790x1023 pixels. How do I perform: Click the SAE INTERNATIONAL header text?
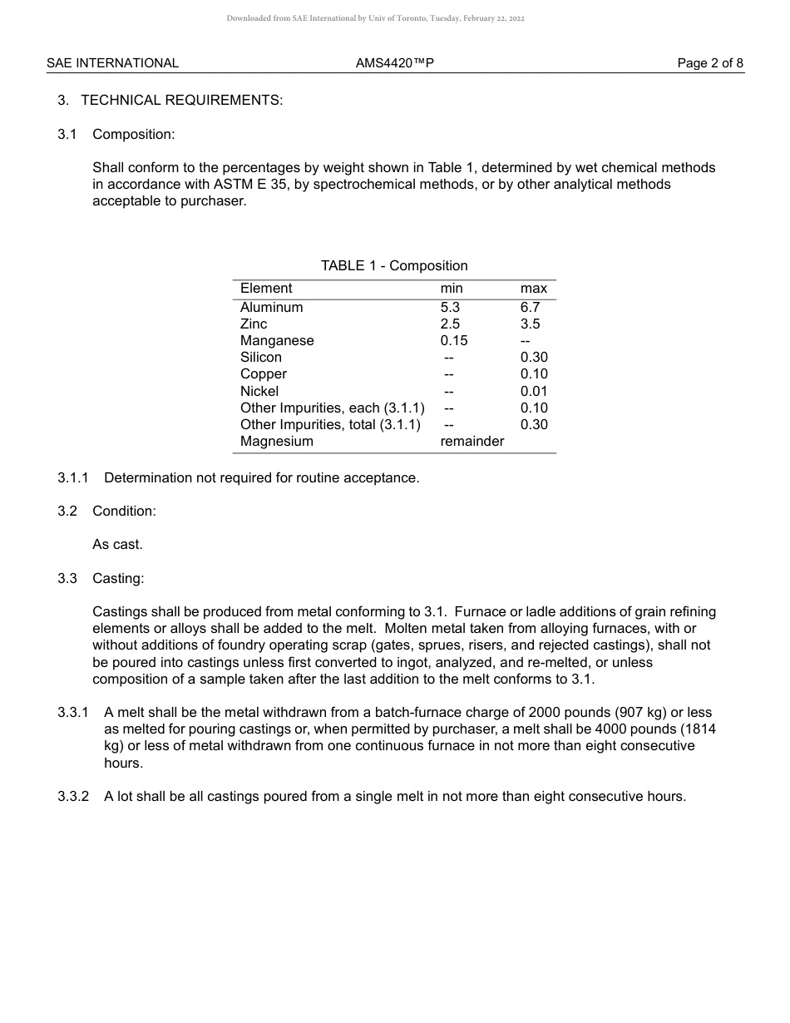(x=112, y=63)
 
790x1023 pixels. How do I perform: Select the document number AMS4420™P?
(x=395, y=63)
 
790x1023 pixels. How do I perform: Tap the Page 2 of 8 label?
(x=710, y=63)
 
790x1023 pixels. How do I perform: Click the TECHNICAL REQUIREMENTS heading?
(x=181, y=101)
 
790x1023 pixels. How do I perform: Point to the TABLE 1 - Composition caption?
(x=394, y=266)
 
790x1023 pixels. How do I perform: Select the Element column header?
(x=266, y=289)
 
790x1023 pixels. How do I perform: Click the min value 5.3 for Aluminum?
(x=450, y=308)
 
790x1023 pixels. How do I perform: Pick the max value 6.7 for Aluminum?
(x=530, y=308)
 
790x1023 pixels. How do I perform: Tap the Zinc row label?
(x=254, y=324)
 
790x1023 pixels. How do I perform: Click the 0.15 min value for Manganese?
(x=454, y=341)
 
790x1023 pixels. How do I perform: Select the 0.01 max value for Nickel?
(x=534, y=392)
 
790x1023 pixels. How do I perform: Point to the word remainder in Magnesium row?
(x=472, y=442)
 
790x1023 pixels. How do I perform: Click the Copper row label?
(x=264, y=374)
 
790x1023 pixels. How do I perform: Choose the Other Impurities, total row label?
(x=330, y=425)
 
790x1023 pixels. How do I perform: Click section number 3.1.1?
(x=73, y=478)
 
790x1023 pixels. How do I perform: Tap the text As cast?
(x=117, y=545)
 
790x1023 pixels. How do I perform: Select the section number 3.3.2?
(x=73, y=797)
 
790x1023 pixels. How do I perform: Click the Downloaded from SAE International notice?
(x=375, y=18)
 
